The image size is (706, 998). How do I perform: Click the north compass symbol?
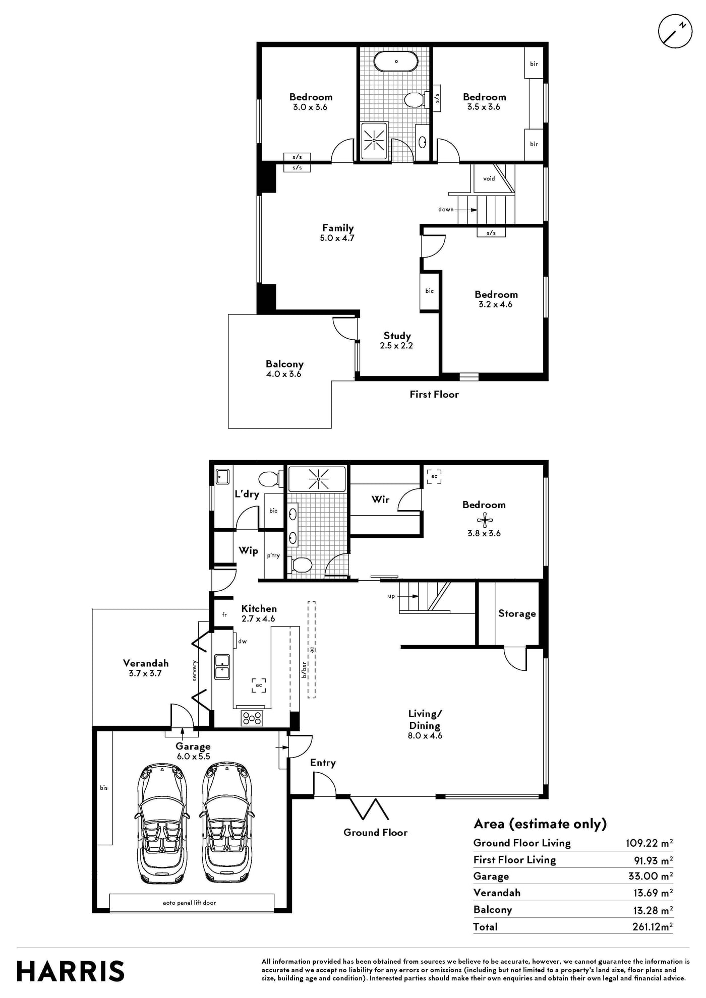(675, 31)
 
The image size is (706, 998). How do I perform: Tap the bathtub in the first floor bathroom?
(396, 61)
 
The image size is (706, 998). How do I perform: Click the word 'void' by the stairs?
(489, 178)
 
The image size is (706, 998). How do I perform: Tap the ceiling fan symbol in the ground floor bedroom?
(485, 520)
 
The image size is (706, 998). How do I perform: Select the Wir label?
(380, 499)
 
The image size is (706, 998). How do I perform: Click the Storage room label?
(517, 613)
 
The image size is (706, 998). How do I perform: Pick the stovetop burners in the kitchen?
(252, 718)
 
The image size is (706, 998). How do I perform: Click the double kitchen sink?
(222, 667)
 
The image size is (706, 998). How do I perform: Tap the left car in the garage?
(161, 823)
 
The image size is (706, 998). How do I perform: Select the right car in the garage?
(227, 823)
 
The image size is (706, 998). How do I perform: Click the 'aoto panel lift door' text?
(189, 903)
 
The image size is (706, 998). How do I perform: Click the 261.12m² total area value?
(653, 926)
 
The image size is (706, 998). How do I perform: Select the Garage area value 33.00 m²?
(651, 876)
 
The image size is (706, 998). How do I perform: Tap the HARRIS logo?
(71, 971)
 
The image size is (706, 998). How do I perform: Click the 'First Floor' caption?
(434, 394)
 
